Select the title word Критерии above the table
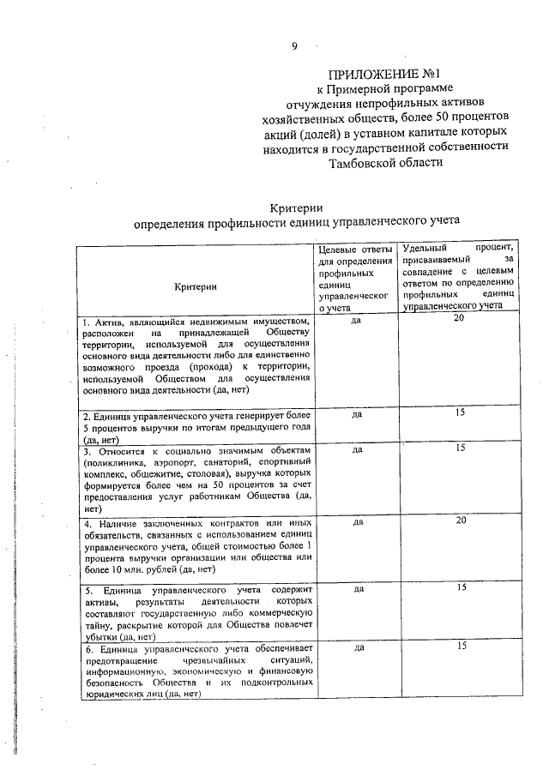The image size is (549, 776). (296, 207)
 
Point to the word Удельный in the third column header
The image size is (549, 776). (425, 249)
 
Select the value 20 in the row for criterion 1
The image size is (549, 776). (459, 319)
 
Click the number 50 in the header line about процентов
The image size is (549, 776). (438, 116)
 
